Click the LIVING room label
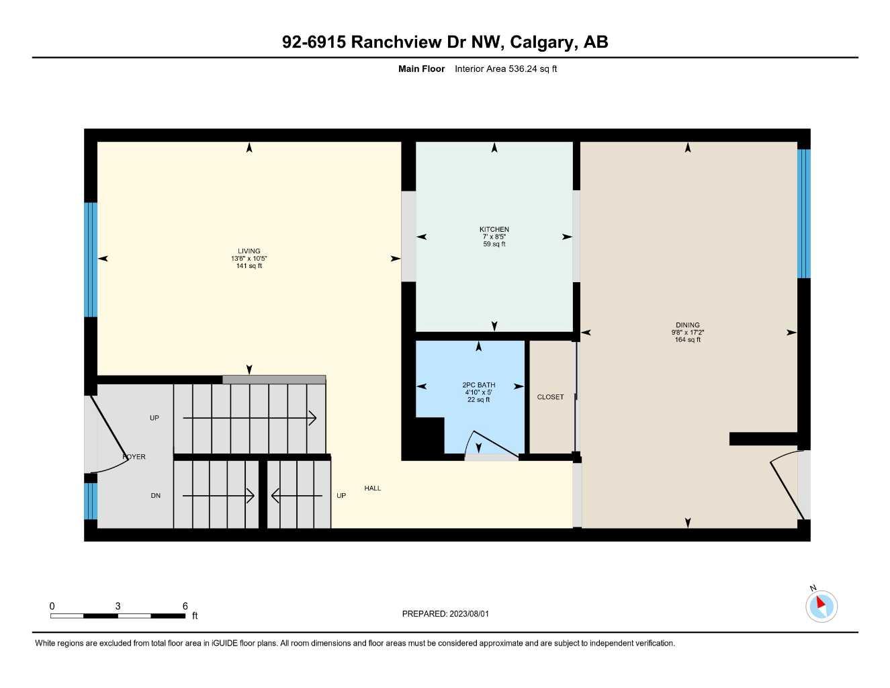(249, 251)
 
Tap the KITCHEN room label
(494, 230)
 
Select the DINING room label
(687, 325)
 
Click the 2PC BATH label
(478, 385)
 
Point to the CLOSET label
(550, 397)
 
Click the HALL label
(372, 488)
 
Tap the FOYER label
(134, 457)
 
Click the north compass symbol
(821, 606)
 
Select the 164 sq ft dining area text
(687, 340)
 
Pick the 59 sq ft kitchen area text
(494, 245)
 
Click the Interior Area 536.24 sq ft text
(506, 69)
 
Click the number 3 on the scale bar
(118, 606)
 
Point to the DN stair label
(155, 496)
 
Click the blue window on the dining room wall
(803, 214)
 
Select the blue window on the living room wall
(91, 259)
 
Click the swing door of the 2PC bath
(494, 444)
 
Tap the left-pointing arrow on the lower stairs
(296, 496)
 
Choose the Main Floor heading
(421, 69)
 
